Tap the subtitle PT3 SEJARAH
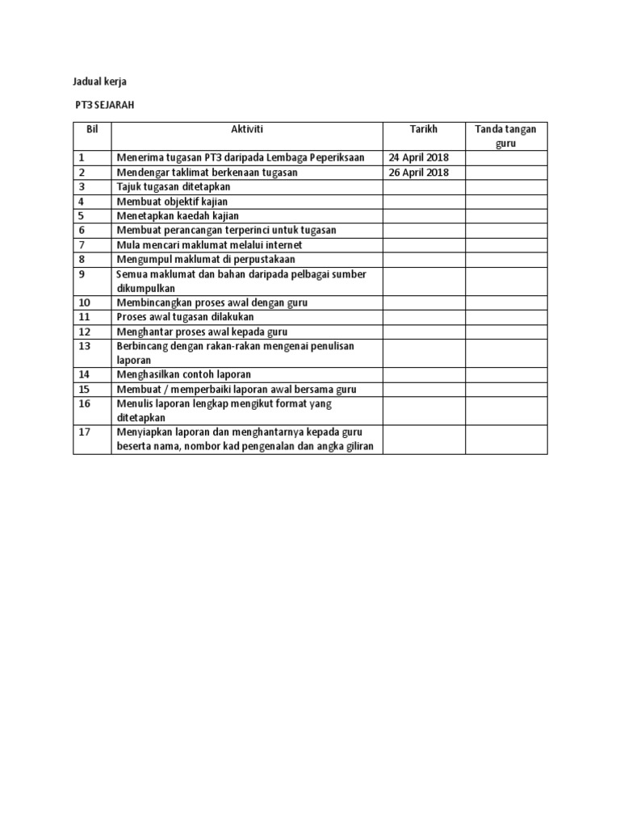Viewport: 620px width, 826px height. pos(103,105)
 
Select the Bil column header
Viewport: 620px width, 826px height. pos(91,130)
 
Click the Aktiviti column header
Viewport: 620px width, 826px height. pos(246,130)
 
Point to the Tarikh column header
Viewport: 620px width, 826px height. pos(423,130)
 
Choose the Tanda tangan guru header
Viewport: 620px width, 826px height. pos(505,136)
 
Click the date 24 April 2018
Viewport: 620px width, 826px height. pos(419,157)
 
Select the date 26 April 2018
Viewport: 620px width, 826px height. pos(419,173)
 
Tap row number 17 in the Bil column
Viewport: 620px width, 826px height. pos(85,432)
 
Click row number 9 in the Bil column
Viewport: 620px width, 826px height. pos(82,274)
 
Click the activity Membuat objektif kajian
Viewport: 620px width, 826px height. pos(173,201)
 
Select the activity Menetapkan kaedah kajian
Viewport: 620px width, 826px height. pos(178,215)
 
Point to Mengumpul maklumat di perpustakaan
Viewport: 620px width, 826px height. pos(206,259)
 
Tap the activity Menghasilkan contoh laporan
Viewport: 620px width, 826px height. pos(184,374)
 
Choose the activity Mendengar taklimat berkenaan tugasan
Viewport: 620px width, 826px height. pos(207,173)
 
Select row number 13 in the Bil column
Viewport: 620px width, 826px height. pos(85,346)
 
